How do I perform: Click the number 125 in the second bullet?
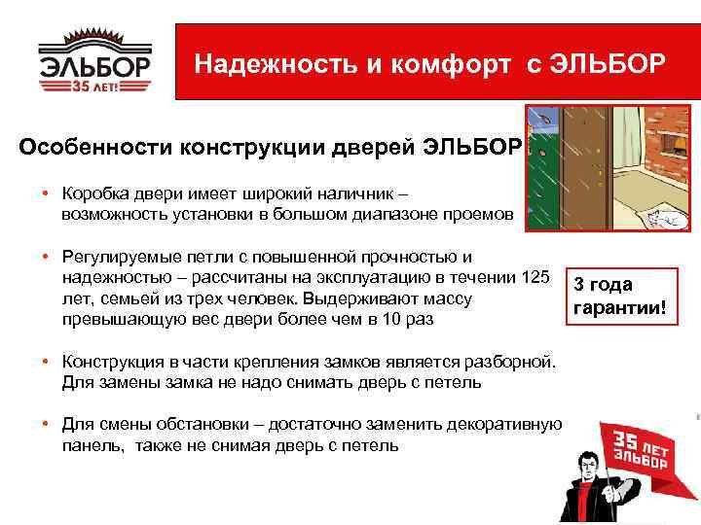tap(536, 278)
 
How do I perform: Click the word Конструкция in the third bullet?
tap(108, 363)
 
